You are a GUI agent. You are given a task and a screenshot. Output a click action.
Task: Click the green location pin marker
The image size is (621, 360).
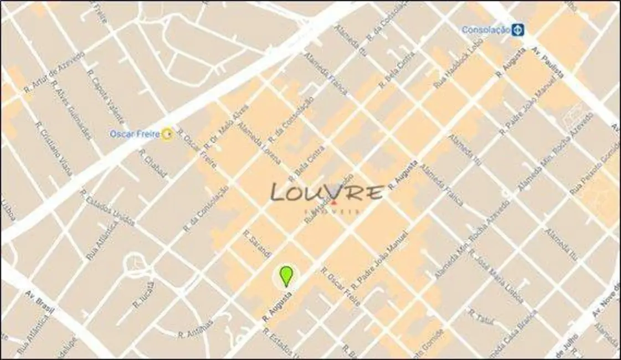(286, 275)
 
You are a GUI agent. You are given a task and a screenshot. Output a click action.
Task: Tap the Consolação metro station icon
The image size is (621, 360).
(517, 29)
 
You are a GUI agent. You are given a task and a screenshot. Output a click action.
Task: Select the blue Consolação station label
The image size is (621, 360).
(485, 30)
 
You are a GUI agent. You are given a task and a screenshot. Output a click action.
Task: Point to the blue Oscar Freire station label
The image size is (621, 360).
(135, 134)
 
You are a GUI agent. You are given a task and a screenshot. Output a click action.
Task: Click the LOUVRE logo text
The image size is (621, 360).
(327, 193)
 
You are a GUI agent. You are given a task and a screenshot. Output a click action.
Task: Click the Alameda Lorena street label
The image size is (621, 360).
(259, 143)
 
